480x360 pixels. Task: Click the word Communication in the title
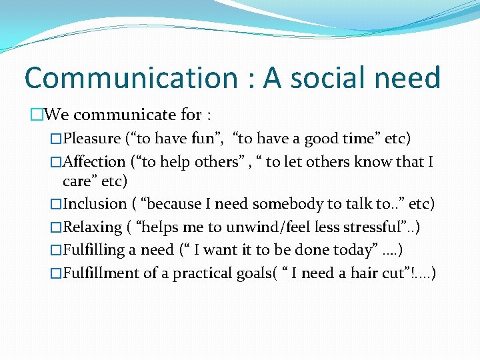[131, 78]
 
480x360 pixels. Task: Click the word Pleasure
[91, 139]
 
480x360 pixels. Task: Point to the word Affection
[94, 162]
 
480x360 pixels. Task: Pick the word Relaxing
[91, 227]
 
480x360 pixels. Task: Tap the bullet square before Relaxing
[55, 228]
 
